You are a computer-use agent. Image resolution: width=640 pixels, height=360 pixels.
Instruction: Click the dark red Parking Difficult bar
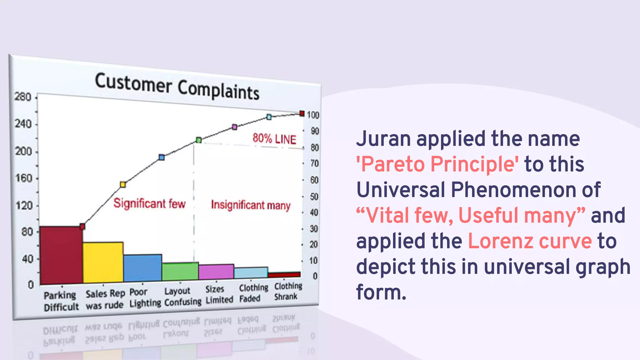click(61, 255)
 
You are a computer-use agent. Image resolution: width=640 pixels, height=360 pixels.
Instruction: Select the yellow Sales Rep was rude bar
click(103, 262)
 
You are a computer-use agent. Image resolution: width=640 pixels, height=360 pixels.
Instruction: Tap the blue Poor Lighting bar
click(142, 268)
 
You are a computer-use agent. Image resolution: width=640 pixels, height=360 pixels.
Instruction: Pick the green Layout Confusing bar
click(180, 271)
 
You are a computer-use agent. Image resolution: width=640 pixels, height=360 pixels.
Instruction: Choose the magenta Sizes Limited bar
click(216, 272)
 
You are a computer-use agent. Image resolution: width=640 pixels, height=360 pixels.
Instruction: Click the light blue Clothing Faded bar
click(251, 272)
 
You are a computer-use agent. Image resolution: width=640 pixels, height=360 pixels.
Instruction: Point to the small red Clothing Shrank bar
click(284, 274)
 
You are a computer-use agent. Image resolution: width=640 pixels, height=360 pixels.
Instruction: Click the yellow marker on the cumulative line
click(123, 184)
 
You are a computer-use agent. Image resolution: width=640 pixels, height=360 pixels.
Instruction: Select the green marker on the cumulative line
click(199, 140)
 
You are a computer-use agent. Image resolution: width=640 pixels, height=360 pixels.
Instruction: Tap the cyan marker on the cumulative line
click(269, 117)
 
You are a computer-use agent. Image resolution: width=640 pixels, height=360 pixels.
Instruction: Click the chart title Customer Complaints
click(177, 86)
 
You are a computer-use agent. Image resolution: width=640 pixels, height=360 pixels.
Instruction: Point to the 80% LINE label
click(274, 138)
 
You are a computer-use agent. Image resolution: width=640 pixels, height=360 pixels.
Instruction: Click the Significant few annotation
click(149, 203)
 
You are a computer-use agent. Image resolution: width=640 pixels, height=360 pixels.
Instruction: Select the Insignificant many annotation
click(251, 205)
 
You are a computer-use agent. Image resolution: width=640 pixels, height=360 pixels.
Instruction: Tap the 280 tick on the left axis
click(23, 97)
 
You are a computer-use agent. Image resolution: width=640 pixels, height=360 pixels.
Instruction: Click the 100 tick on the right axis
click(313, 115)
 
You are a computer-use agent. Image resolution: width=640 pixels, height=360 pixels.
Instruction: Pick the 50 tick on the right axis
click(314, 197)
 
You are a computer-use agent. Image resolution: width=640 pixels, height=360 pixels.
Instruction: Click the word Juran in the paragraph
click(383, 138)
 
